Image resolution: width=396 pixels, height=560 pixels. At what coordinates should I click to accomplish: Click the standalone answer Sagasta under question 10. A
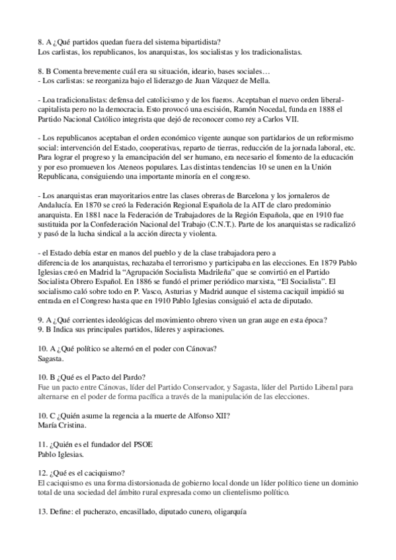click(x=52, y=359)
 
